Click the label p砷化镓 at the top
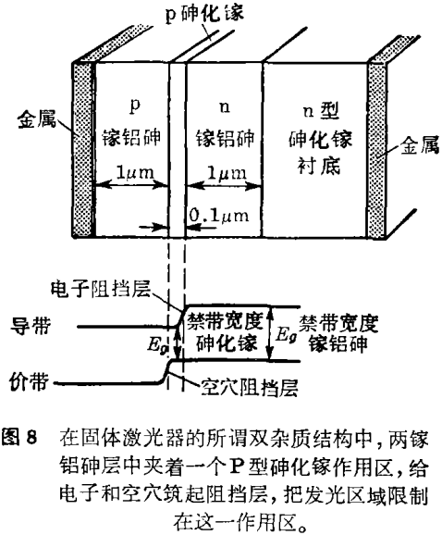[x=204, y=14]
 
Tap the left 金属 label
[x=37, y=118]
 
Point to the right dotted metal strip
[x=377, y=151]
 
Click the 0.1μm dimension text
[x=219, y=216]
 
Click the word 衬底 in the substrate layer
[x=319, y=167]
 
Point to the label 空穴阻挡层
[x=250, y=388]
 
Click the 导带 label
[x=30, y=325]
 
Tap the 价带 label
[x=30, y=381]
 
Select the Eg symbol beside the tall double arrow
[x=287, y=334]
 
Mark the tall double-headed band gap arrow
[x=270, y=333]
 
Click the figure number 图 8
[x=19, y=437]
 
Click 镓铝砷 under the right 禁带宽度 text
[x=338, y=342]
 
